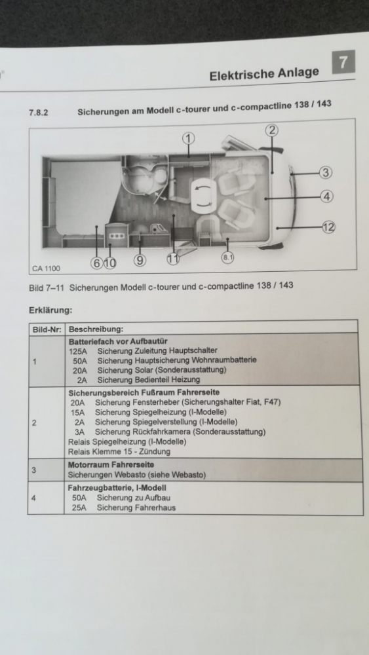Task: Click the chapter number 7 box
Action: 345,64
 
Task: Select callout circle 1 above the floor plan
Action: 189,138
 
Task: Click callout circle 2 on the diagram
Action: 271,130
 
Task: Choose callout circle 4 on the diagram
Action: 327,196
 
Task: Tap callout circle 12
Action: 328,227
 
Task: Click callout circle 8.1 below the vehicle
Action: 228,258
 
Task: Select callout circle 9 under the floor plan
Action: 139,260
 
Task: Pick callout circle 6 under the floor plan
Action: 96,263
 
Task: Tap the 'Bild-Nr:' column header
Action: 46,329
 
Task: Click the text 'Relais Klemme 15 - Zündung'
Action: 119,451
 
